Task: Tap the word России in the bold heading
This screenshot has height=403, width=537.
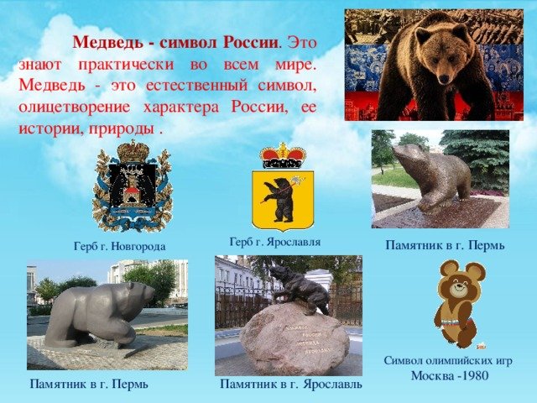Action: click(250, 43)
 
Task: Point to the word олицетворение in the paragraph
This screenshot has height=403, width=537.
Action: click(75, 107)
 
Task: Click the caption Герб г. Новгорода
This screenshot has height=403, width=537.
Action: click(119, 246)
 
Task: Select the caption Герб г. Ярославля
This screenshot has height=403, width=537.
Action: click(275, 242)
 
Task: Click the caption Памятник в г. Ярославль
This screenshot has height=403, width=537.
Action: click(291, 384)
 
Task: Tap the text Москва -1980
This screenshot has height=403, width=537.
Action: click(450, 375)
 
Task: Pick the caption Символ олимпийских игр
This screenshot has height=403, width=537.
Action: click(448, 360)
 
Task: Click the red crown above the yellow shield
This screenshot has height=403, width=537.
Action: click(283, 156)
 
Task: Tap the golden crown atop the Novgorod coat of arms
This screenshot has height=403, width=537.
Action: click(133, 151)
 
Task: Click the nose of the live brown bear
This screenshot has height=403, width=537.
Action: click(444, 79)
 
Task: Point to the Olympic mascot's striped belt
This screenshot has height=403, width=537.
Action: click(456, 323)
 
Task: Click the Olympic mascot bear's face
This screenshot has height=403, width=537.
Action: click(459, 289)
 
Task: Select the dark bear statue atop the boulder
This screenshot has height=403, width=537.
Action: click(300, 289)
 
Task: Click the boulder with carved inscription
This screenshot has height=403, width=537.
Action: click(295, 339)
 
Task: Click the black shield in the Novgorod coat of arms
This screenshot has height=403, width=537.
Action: click(133, 186)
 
